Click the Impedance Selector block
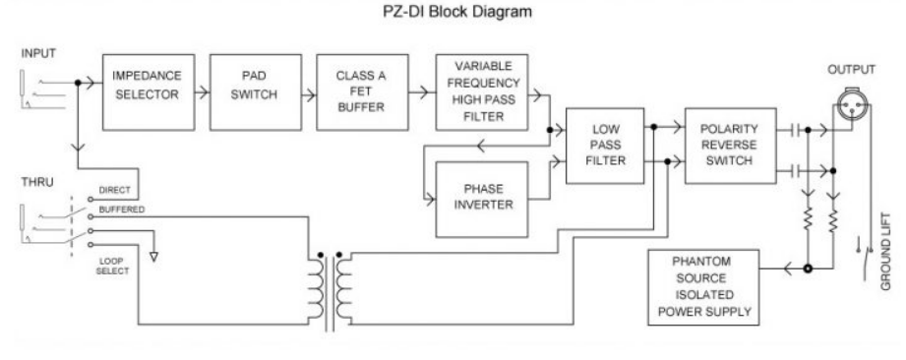tap(149, 92)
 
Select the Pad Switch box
tap(256, 92)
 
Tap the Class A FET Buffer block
tap(362, 92)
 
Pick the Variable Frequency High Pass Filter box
tap(482, 92)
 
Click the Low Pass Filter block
tap(605, 146)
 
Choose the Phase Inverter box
tap(482, 200)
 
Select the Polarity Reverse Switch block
tap(730, 146)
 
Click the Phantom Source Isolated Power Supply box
tap(703, 287)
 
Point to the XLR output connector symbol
tap(852, 104)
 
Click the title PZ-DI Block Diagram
tap(457, 12)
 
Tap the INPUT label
tap(38, 54)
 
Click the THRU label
tap(37, 183)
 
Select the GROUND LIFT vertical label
tap(886, 252)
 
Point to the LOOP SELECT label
tap(113, 266)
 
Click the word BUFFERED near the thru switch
tap(122, 210)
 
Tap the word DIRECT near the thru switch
tap(114, 190)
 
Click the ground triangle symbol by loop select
tap(153, 257)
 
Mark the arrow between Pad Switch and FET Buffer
tap(310, 92)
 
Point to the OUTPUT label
tap(852, 70)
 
